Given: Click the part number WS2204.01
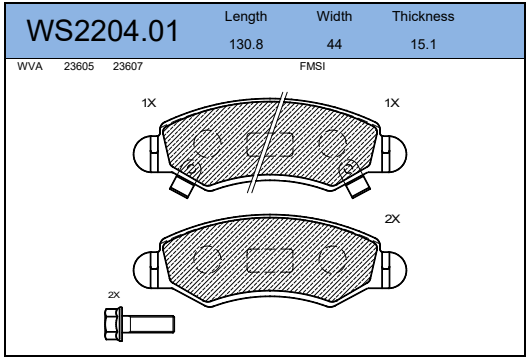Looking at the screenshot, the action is click(102, 31).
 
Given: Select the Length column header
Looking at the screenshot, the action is click(246, 17).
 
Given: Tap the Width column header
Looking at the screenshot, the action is click(334, 16).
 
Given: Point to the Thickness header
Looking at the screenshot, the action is click(423, 16).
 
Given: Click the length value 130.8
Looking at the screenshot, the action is click(246, 44).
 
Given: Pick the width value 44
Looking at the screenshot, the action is click(334, 44).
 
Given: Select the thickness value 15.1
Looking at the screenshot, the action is click(423, 44).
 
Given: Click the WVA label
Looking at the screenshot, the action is click(30, 66).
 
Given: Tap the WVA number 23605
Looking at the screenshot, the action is click(79, 66).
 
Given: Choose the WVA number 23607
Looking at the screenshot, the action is click(128, 66).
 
